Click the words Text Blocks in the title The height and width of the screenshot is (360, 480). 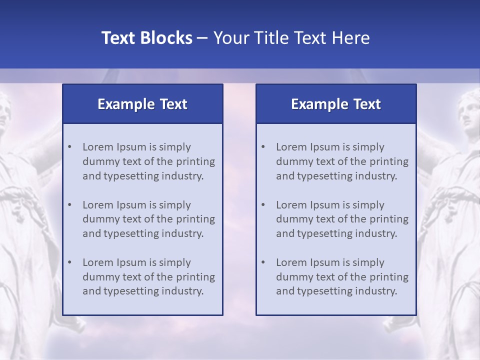147,38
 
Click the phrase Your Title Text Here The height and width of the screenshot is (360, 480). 291,38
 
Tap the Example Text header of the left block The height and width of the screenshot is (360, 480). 142,104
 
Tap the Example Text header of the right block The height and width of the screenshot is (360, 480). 336,104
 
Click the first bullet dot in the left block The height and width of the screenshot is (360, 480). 69,147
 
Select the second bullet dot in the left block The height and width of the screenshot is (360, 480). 69,205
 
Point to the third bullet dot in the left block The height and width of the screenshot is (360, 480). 69,262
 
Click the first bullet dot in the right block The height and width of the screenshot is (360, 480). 263,147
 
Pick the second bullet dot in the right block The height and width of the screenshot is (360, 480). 263,205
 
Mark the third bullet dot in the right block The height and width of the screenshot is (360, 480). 263,262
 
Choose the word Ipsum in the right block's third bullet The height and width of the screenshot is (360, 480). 325,262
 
